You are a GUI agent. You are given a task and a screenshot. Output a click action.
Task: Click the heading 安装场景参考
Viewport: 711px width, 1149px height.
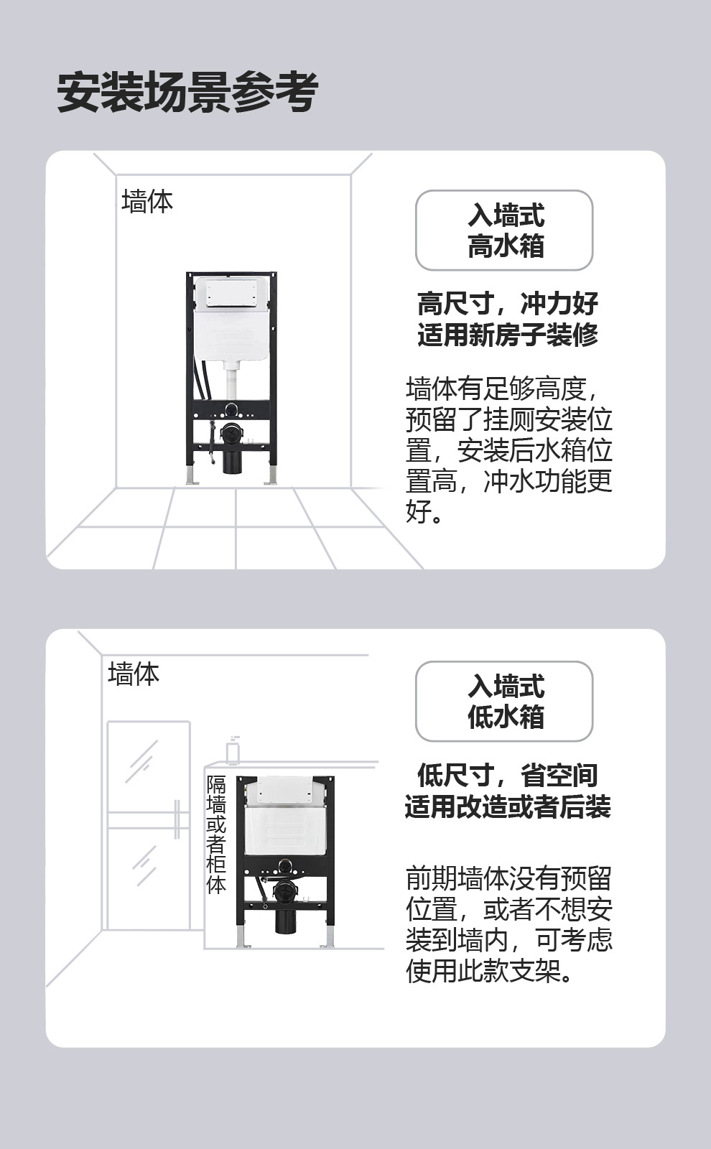187,93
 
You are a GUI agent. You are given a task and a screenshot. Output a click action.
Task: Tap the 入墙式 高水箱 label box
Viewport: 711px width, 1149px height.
504,231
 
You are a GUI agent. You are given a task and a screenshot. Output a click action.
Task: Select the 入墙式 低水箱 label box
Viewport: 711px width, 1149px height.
504,701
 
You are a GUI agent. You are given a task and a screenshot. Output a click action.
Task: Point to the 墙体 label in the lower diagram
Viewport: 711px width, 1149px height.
134,674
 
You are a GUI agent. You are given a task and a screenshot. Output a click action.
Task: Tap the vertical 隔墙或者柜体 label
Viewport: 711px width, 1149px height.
216,834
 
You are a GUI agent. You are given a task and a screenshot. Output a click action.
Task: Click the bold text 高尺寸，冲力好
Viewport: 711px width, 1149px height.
508,303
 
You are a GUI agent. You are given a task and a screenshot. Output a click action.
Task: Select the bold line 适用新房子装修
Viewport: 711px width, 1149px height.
508,335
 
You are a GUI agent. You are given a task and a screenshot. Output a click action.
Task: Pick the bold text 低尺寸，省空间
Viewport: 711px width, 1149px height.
508,775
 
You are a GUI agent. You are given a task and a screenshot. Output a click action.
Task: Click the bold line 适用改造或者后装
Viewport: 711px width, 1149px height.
508,807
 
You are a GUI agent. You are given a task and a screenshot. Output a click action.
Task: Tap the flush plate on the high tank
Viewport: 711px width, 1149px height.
231,292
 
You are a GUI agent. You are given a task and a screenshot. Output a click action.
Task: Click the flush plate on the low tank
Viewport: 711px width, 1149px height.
285,791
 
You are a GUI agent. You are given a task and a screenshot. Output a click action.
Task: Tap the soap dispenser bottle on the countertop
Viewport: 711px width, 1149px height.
233,750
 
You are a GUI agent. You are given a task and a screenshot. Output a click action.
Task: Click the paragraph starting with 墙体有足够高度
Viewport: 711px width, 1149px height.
509,450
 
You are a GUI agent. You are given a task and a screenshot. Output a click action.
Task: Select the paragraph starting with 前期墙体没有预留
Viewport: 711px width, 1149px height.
509,924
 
